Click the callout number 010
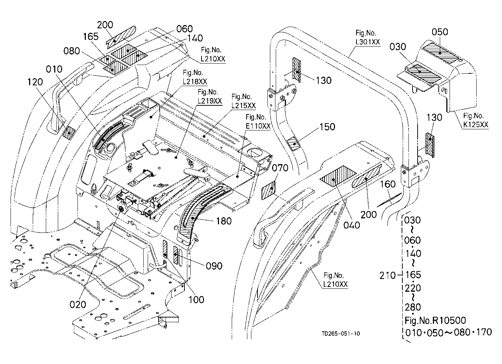click(x=54, y=69)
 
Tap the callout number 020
click(x=78, y=305)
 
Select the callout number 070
click(x=280, y=168)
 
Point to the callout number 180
click(x=224, y=221)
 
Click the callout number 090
click(x=214, y=266)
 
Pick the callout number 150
click(x=327, y=127)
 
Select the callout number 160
click(x=388, y=184)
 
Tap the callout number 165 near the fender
click(x=91, y=36)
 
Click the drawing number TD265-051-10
click(x=341, y=333)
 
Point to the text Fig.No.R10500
click(x=435, y=320)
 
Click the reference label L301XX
click(x=368, y=42)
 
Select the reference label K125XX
click(x=476, y=125)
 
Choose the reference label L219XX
click(x=210, y=101)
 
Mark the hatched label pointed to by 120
click(x=69, y=133)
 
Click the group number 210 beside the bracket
click(x=387, y=276)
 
